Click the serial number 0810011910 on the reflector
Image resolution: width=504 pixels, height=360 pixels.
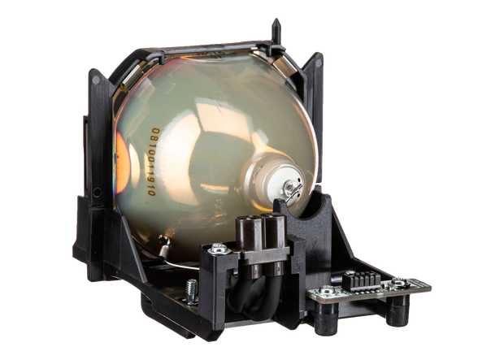point(154,162)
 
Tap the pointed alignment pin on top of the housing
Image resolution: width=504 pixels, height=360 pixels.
point(276,31)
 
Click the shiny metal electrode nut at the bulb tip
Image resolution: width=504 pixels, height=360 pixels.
point(291,186)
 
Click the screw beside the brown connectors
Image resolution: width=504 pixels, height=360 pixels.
point(219,249)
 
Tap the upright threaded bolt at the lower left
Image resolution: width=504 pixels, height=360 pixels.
point(192,292)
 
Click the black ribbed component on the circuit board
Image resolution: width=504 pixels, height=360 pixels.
point(361,280)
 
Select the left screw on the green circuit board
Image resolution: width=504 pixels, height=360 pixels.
point(327,291)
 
